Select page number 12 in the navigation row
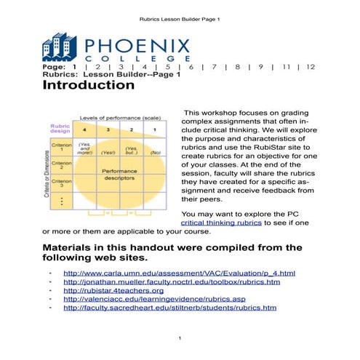point(311,66)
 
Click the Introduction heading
point(89,85)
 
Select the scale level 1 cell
point(154,129)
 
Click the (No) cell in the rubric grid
point(155,153)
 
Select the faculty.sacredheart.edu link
point(170,308)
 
